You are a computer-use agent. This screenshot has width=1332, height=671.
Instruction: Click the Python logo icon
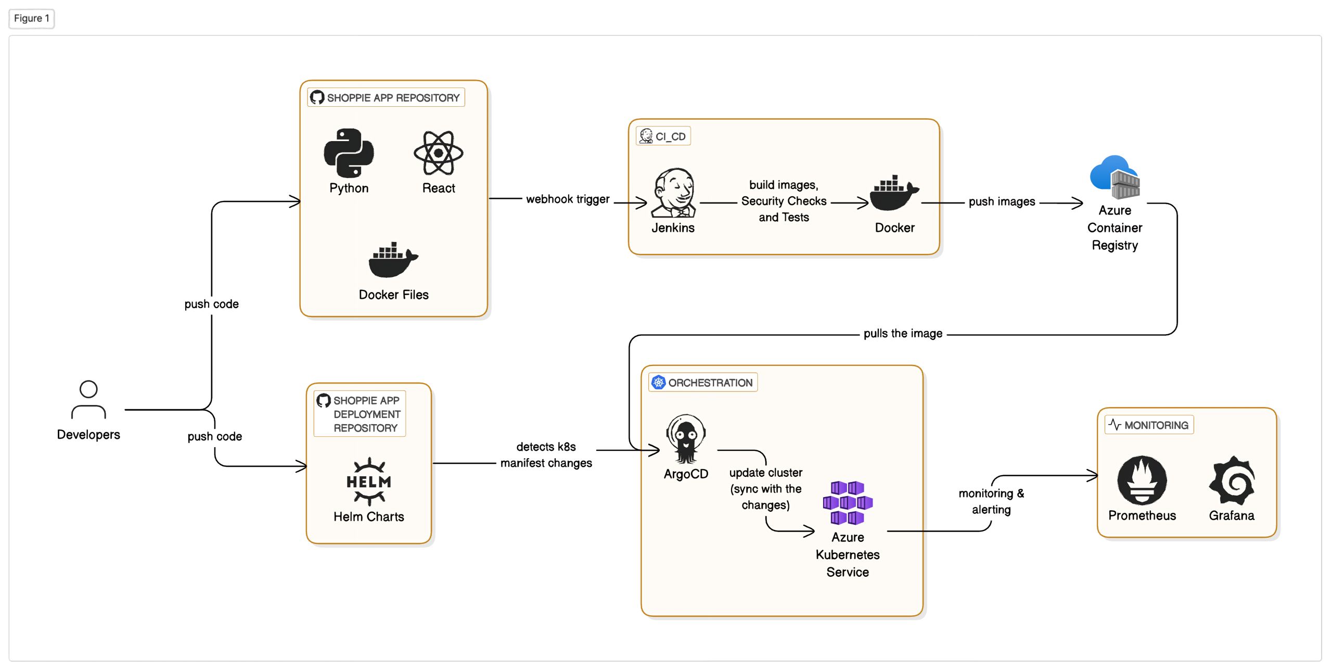point(349,153)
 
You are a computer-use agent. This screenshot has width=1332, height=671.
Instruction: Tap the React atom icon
point(438,153)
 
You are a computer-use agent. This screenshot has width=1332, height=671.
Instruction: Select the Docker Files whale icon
point(393,259)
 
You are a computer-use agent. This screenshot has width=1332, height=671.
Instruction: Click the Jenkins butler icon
point(673,192)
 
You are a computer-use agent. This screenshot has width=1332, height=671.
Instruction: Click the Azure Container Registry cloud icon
point(1115,177)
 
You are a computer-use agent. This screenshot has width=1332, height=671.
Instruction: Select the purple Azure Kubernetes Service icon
point(848,502)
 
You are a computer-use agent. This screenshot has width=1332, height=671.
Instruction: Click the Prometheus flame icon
point(1142,480)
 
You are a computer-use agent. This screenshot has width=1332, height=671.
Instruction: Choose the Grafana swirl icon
point(1232,480)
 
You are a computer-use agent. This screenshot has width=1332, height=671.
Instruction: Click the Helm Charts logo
point(369,482)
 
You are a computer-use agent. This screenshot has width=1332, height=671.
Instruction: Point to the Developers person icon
point(88,400)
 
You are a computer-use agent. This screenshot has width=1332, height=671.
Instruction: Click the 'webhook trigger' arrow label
point(568,199)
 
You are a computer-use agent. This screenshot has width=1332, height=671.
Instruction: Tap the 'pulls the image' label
point(903,333)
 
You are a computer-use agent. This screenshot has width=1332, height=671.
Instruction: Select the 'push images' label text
point(1002,201)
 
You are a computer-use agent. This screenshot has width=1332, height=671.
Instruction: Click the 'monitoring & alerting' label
point(991,501)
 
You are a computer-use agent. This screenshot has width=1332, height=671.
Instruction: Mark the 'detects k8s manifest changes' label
point(546,454)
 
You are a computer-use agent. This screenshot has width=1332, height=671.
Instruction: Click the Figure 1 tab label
point(32,19)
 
